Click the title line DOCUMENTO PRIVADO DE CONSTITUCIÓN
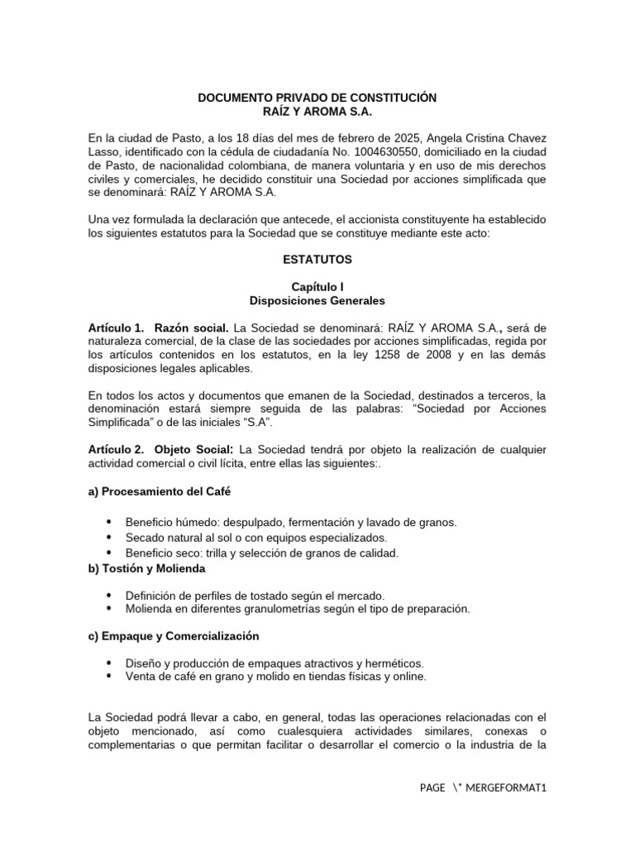pos(317,98)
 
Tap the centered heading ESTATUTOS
pos(317,260)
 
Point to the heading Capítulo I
pos(317,286)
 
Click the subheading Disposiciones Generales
pos(317,300)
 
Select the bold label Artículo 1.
pos(116,328)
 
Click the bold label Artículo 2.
pos(116,449)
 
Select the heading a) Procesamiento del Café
pos(159,490)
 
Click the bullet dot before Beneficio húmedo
pos(110,523)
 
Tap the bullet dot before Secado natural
pos(110,538)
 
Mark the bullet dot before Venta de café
pos(110,677)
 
